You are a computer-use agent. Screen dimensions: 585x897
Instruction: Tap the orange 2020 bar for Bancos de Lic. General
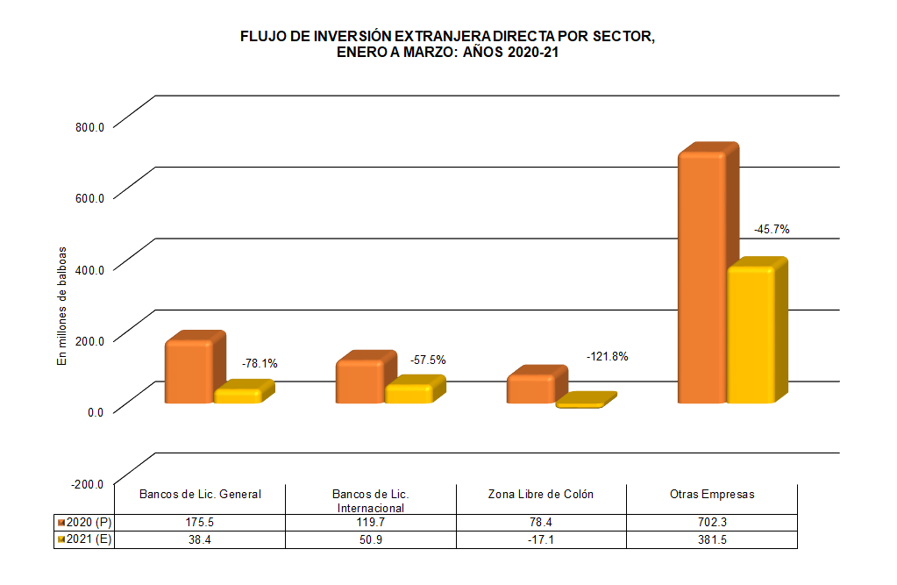tap(189, 371)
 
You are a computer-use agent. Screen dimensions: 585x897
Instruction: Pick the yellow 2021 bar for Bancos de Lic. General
tap(238, 395)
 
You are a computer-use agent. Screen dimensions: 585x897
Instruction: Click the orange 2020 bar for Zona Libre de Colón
tap(530, 389)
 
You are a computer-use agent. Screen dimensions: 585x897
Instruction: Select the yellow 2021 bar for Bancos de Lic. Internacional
tap(409, 392)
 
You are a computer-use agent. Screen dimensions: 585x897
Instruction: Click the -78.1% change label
tap(260, 363)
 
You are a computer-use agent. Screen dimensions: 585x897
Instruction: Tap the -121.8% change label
tap(607, 356)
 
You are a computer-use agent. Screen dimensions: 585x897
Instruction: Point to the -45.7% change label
tap(772, 229)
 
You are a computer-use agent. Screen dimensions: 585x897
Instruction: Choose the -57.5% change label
tap(428, 360)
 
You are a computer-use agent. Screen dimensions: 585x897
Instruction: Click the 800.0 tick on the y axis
tap(89, 126)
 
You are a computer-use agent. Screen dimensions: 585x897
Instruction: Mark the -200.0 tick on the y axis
tap(88, 484)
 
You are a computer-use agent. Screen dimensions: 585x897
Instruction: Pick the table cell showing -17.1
tap(541, 539)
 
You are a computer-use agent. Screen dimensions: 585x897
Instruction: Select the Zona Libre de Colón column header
tap(541, 494)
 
